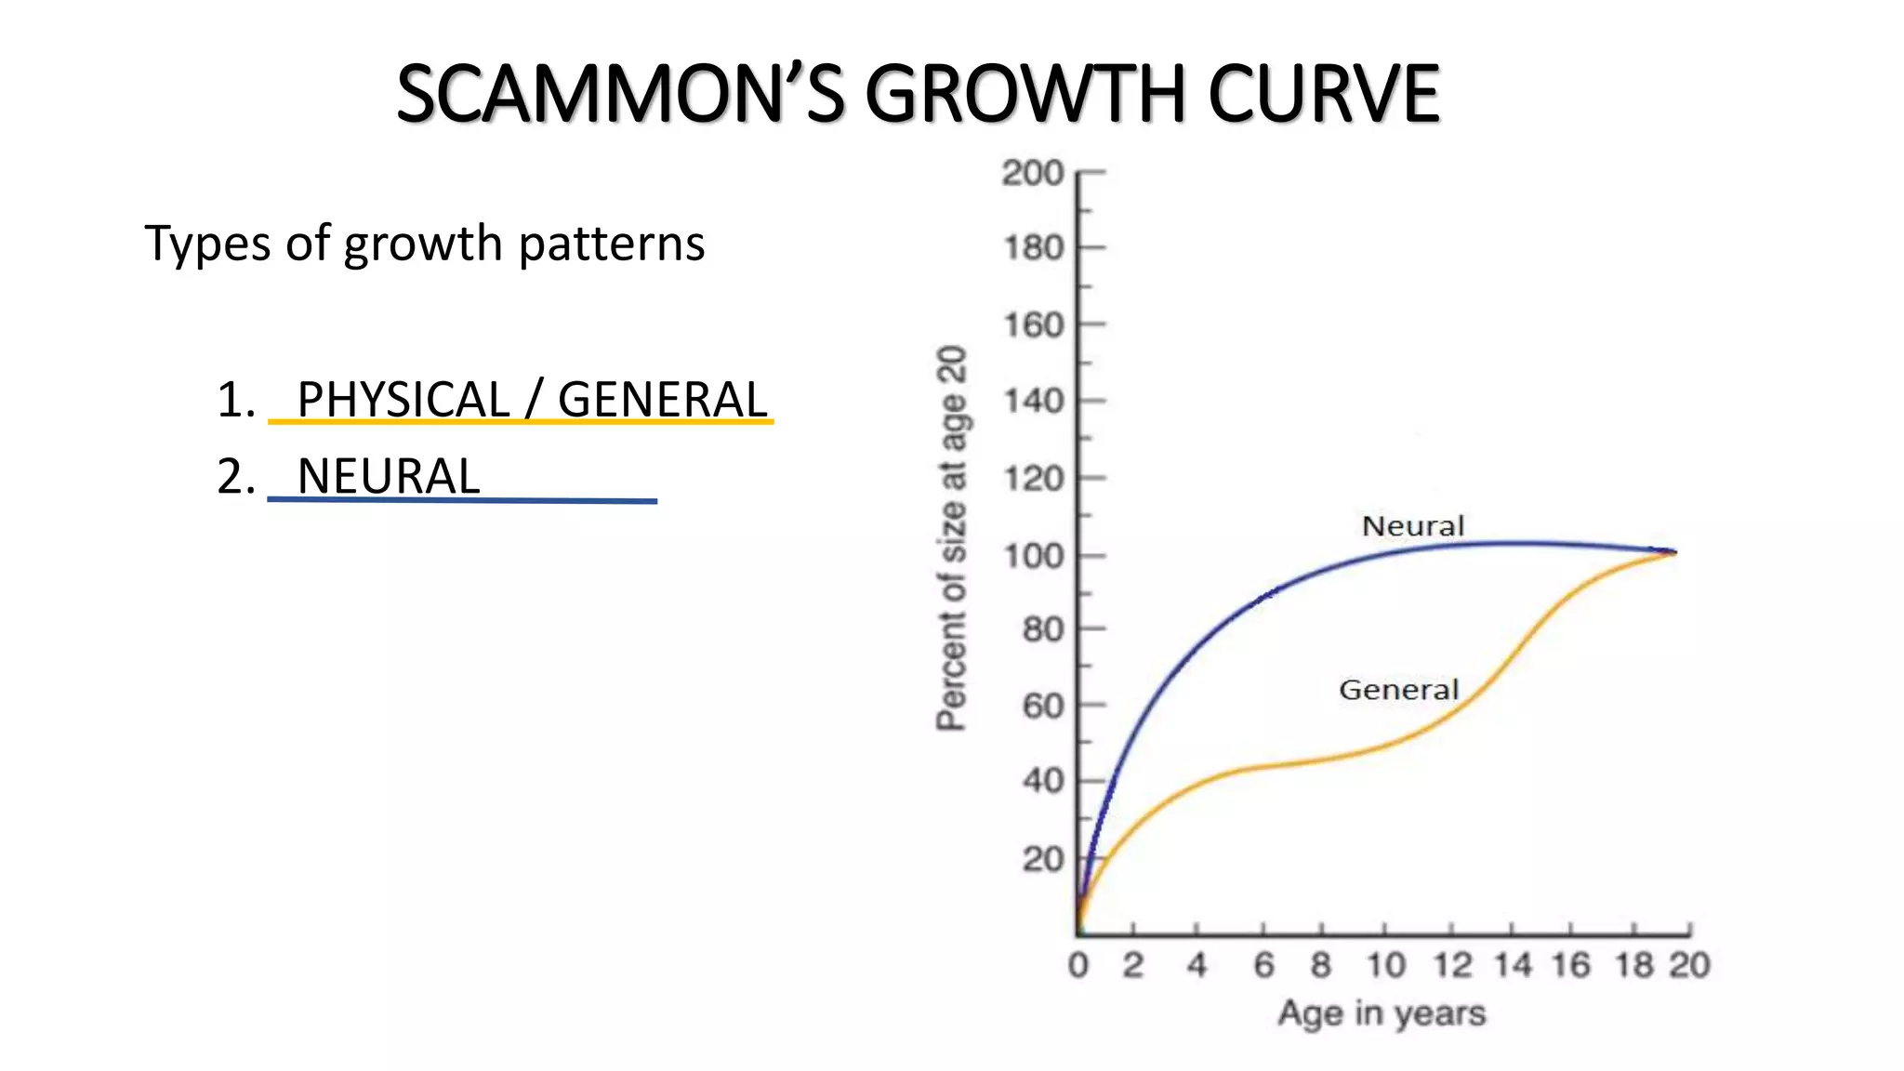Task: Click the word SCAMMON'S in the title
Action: (620, 94)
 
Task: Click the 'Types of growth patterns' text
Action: (425, 244)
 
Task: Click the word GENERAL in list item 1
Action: (662, 400)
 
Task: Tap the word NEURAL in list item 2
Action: (389, 476)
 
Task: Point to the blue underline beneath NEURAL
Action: (462, 500)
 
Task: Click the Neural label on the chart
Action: (1412, 526)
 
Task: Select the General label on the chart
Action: (1398, 690)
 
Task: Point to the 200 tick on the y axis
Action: (1033, 173)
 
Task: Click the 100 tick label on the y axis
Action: (1033, 556)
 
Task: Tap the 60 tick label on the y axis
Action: (1042, 707)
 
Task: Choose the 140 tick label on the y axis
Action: (1033, 402)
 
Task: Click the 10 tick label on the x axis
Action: (1385, 965)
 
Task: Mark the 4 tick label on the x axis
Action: (1197, 965)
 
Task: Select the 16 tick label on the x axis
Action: (1570, 965)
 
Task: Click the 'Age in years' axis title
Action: (1382, 1012)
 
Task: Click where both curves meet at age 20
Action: (1674, 552)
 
